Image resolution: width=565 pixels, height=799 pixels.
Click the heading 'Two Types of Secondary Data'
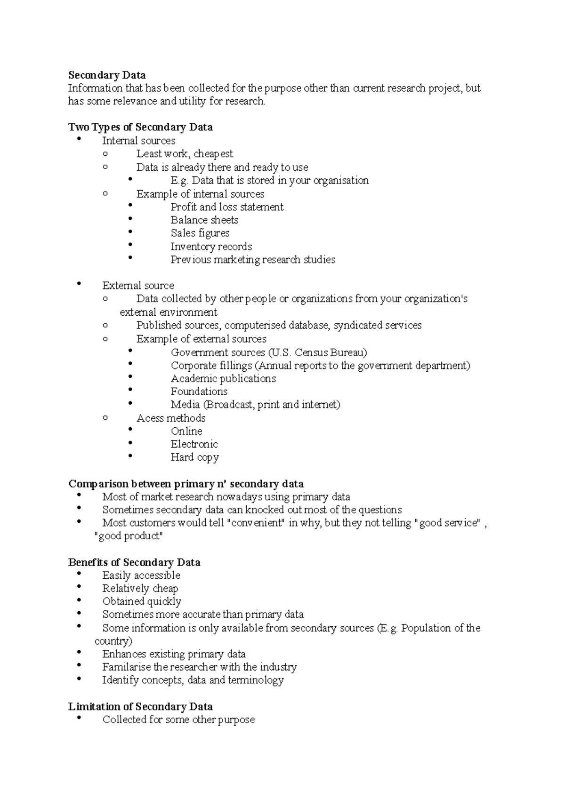140,127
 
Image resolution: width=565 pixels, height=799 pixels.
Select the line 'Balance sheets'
204,220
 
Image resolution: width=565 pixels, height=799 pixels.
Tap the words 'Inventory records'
211,247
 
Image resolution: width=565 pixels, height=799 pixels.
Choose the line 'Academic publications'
223,378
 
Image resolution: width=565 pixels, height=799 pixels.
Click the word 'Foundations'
199,392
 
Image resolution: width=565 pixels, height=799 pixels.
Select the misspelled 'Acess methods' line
171,418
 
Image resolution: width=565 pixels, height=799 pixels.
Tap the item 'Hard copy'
194,457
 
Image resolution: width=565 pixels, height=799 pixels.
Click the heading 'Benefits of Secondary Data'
134,562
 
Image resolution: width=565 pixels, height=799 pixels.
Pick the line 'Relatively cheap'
140,588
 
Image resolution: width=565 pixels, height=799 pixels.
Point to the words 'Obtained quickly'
142,601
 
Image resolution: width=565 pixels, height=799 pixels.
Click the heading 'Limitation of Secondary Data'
140,706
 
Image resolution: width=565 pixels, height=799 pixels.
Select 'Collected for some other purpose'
178,719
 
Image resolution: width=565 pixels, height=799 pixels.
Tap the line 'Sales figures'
200,233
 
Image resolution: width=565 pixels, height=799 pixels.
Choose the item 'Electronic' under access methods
194,444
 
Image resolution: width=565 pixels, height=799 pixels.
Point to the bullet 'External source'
138,286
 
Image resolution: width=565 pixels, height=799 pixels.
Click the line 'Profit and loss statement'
227,207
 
